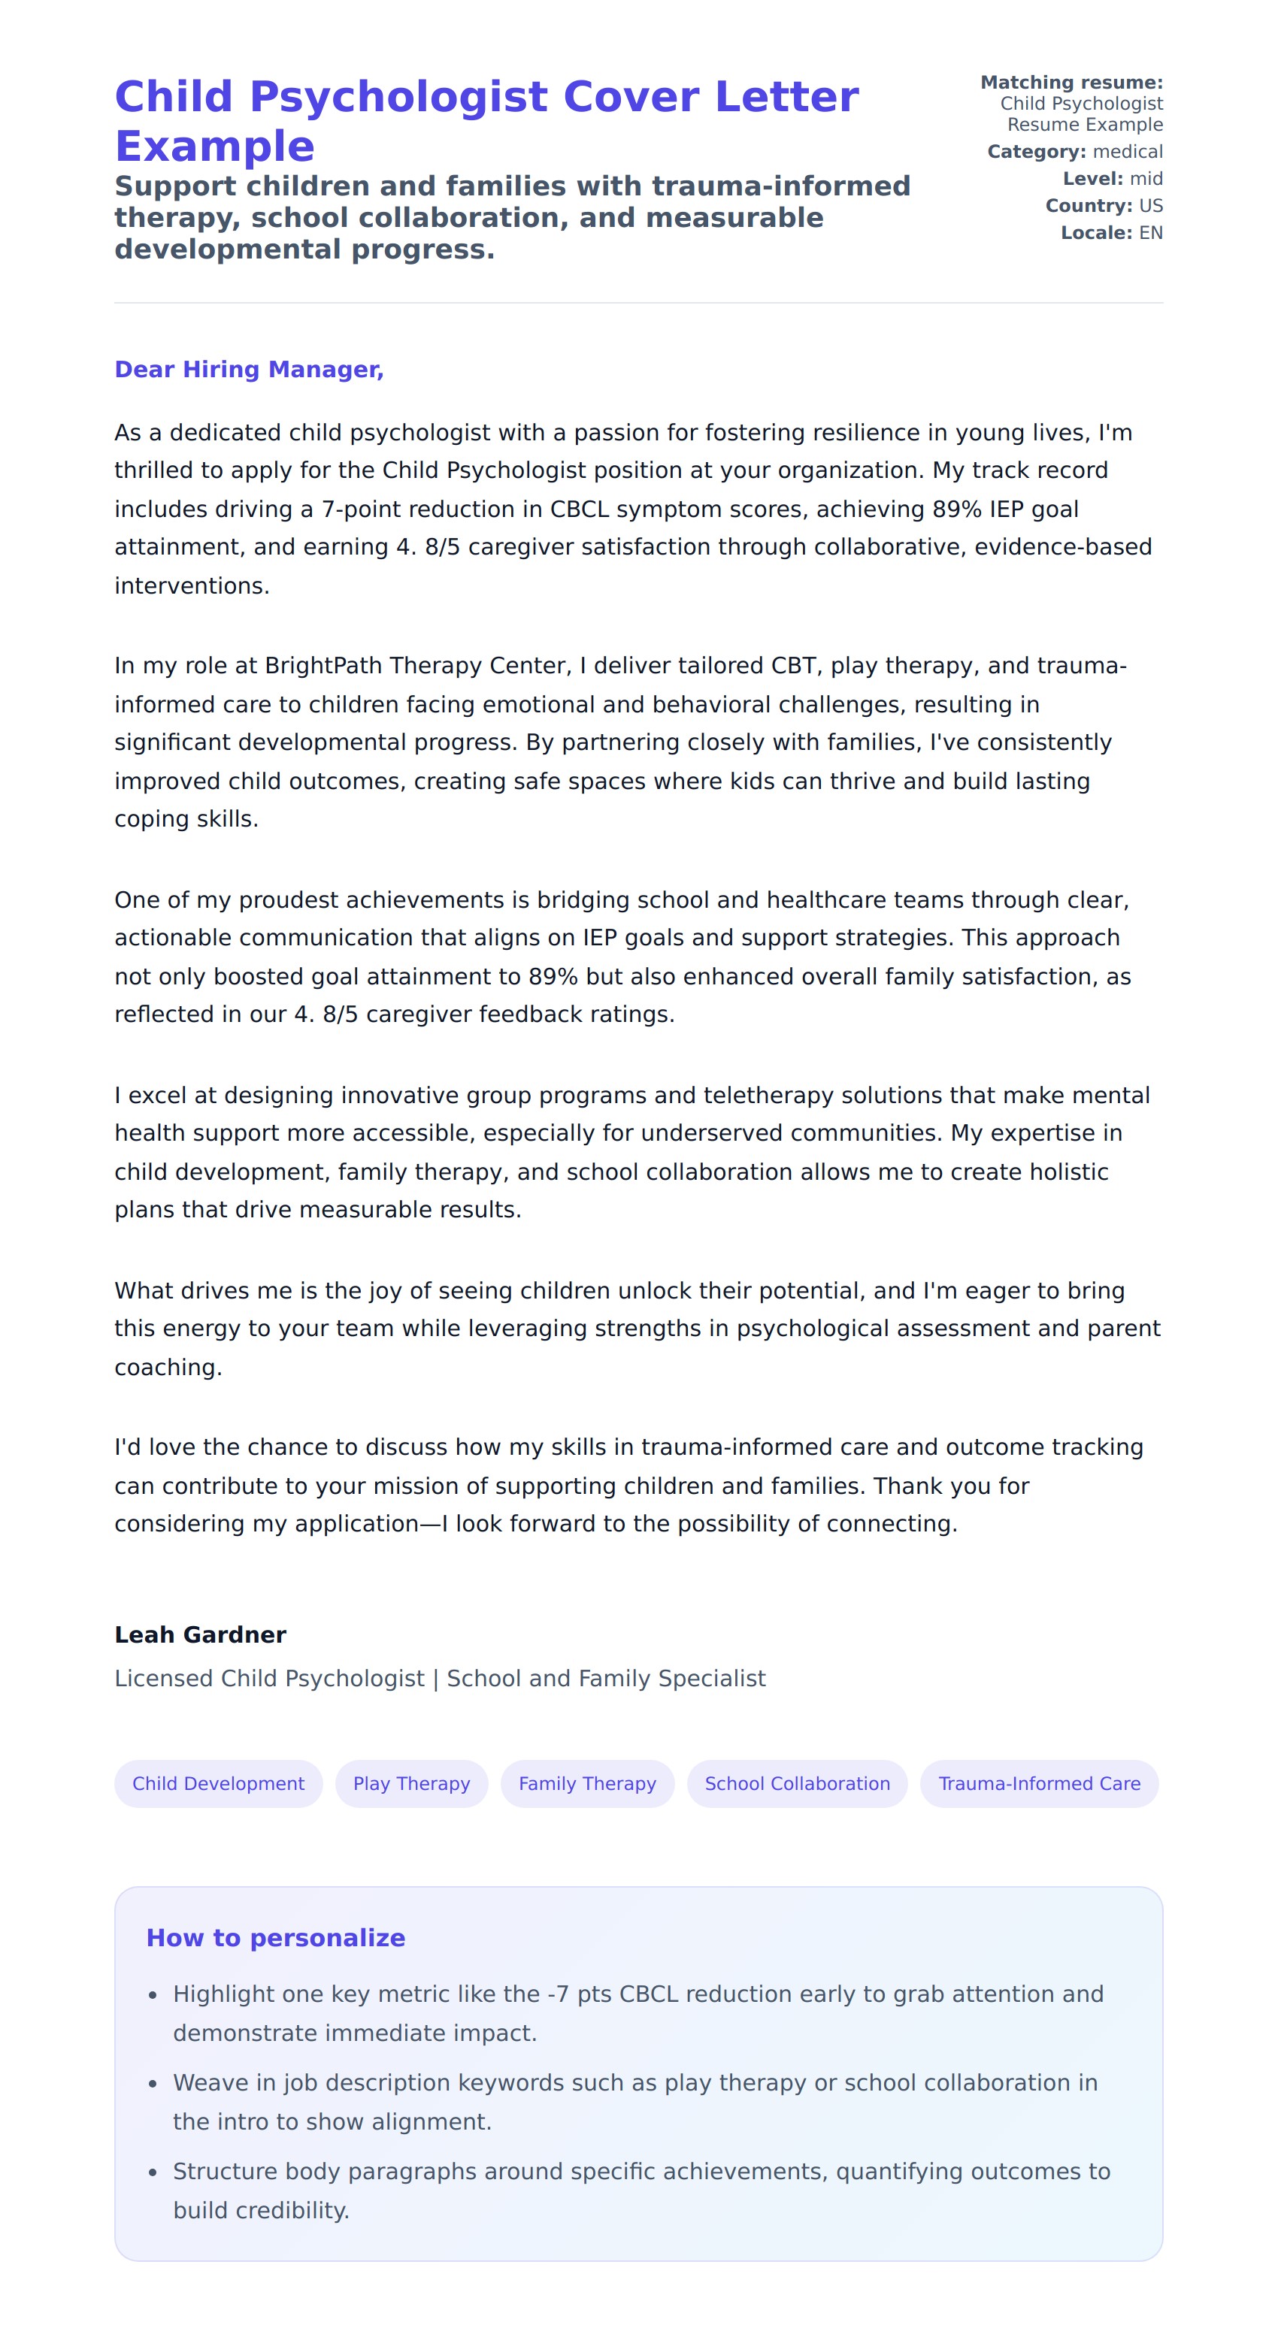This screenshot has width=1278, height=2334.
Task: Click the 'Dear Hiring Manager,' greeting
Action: (250, 370)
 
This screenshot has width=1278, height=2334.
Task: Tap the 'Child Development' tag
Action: (219, 1783)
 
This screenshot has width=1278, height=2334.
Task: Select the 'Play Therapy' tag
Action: (411, 1783)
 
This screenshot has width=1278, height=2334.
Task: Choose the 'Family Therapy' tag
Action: (587, 1783)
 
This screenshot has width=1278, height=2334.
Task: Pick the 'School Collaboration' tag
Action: (797, 1783)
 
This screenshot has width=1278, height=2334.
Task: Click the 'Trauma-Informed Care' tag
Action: (1039, 1783)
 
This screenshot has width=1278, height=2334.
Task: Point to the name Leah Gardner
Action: (200, 1634)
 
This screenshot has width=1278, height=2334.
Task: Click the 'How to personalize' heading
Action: (276, 1937)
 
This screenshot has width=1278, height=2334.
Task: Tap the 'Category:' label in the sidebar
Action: (1036, 151)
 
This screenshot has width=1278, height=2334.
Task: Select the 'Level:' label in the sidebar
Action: (1092, 179)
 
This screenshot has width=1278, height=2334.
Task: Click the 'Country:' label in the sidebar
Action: (1088, 206)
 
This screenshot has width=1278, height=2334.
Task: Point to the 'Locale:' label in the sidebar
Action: (1096, 233)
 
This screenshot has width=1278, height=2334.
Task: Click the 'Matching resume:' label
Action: (1071, 83)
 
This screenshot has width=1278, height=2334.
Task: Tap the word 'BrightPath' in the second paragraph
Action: (323, 666)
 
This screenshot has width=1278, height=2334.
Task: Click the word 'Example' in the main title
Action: (215, 147)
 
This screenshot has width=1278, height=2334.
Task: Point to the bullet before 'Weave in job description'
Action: (153, 2084)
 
